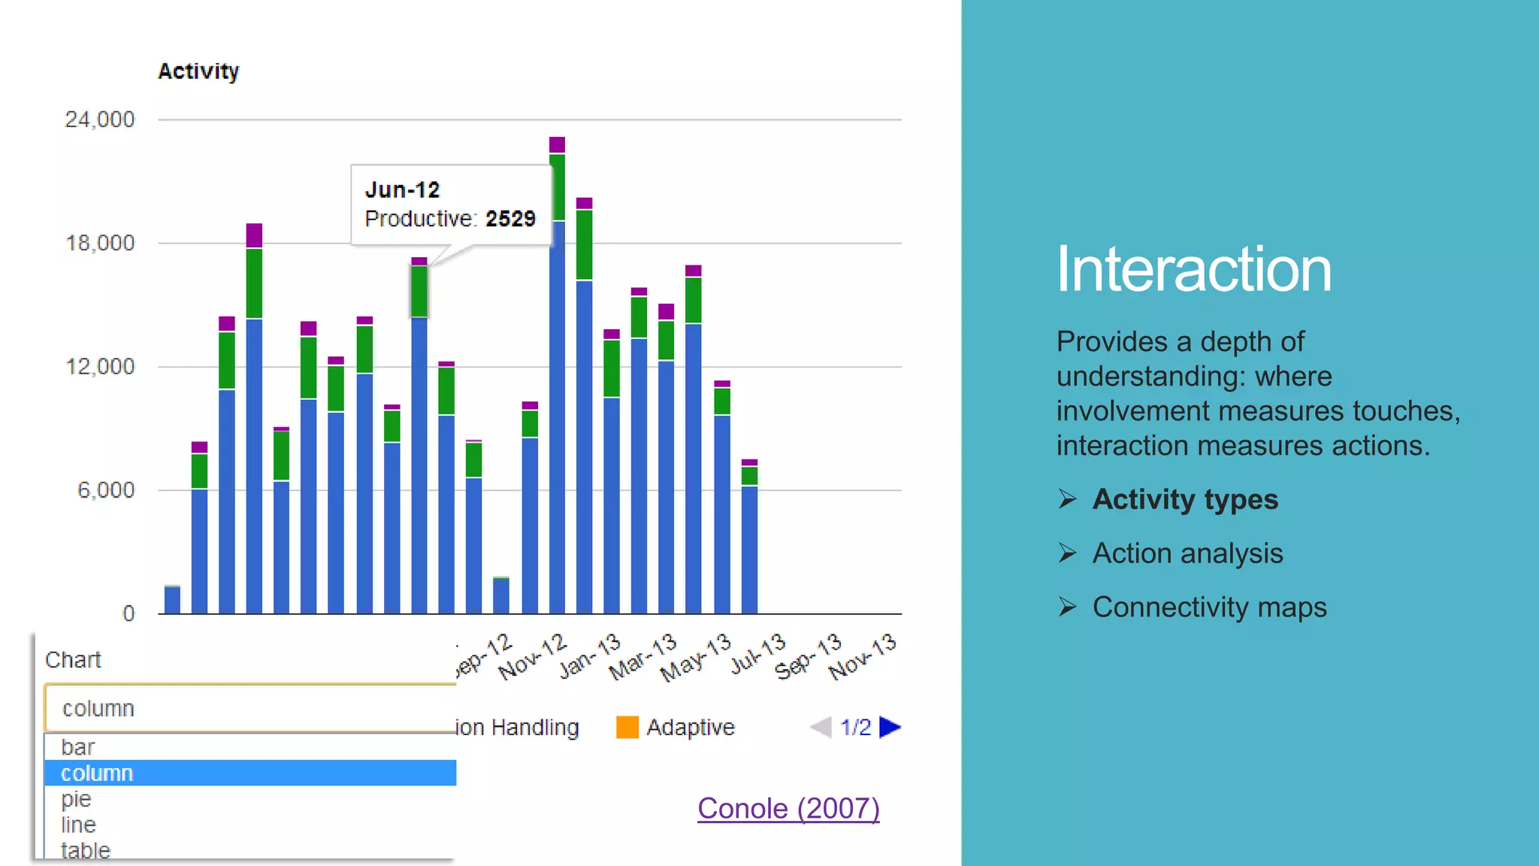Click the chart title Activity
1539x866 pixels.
pyautogui.click(x=198, y=71)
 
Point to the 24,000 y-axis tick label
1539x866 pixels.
pyautogui.click(x=99, y=120)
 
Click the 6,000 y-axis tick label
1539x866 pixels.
pyautogui.click(x=106, y=490)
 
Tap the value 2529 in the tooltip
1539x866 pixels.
pyautogui.click(x=510, y=219)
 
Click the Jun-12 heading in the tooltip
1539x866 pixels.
pyautogui.click(x=402, y=189)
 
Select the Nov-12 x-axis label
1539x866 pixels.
pyautogui.click(x=531, y=656)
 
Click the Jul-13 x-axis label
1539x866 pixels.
pyautogui.click(x=757, y=653)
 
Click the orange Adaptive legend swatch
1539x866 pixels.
pyautogui.click(x=627, y=727)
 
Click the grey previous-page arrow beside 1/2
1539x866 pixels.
pyautogui.click(x=821, y=727)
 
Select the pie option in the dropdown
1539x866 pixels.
pyautogui.click(x=76, y=798)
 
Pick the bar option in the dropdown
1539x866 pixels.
pyautogui.click(x=77, y=747)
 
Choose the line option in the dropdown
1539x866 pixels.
pyautogui.click(x=78, y=825)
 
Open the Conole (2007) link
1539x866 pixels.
pyautogui.click(x=788, y=809)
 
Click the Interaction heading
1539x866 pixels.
pyautogui.click(x=1193, y=269)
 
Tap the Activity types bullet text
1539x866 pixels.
pyautogui.click(x=1185, y=500)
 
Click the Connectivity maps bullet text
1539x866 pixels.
pyautogui.click(x=1209, y=607)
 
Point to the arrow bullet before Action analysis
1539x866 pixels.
pyautogui.click(x=1067, y=553)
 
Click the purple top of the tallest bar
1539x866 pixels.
pyautogui.click(x=557, y=145)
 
